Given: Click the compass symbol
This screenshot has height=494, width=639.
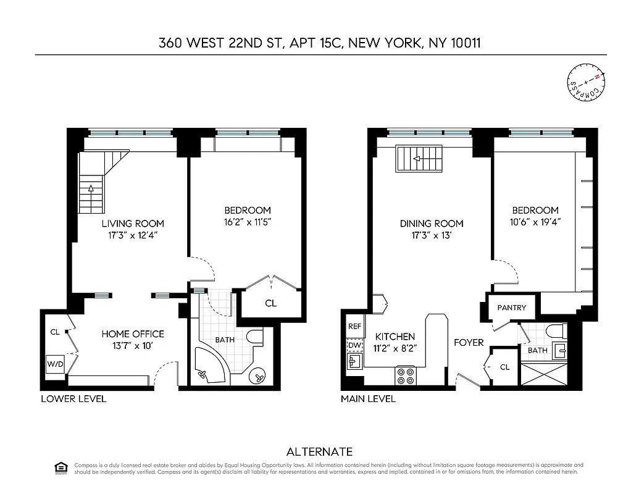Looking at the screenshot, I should pyautogui.click(x=586, y=82).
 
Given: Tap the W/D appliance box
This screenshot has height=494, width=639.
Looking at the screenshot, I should pyautogui.click(x=55, y=364).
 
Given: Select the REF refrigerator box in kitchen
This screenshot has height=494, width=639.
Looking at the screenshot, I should pyautogui.click(x=354, y=326).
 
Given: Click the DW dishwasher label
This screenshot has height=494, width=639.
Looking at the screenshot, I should pyautogui.click(x=354, y=345).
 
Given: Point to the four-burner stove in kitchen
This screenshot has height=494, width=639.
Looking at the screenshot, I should pyautogui.click(x=406, y=376).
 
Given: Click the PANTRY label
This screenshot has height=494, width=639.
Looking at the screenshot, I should pyautogui.click(x=512, y=308).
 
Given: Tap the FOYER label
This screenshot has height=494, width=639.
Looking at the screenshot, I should pyautogui.click(x=469, y=342).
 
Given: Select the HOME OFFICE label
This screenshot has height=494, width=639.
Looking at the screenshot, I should pyautogui.click(x=133, y=334).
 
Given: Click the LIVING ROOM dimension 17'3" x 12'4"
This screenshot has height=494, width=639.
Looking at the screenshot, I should pyautogui.click(x=133, y=235).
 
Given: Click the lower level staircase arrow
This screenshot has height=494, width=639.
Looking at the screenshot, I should pyautogui.click(x=91, y=187).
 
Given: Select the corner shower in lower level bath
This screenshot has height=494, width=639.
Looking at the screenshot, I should pyautogui.click(x=209, y=367).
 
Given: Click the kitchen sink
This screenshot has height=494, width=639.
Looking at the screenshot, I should pyautogui.click(x=354, y=361).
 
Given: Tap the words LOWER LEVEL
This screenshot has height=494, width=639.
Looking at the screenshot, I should pyautogui.click(x=73, y=399).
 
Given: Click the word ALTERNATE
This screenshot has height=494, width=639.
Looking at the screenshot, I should pyautogui.click(x=319, y=452).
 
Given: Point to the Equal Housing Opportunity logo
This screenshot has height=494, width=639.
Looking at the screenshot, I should pyautogui.click(x=61, y=467).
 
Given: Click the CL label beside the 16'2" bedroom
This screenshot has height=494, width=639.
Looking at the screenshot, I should pyautogui.click(x=270, y=304).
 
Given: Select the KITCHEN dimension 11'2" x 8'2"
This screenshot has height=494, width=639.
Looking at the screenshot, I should pyautogui.click(x=395, y=348).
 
